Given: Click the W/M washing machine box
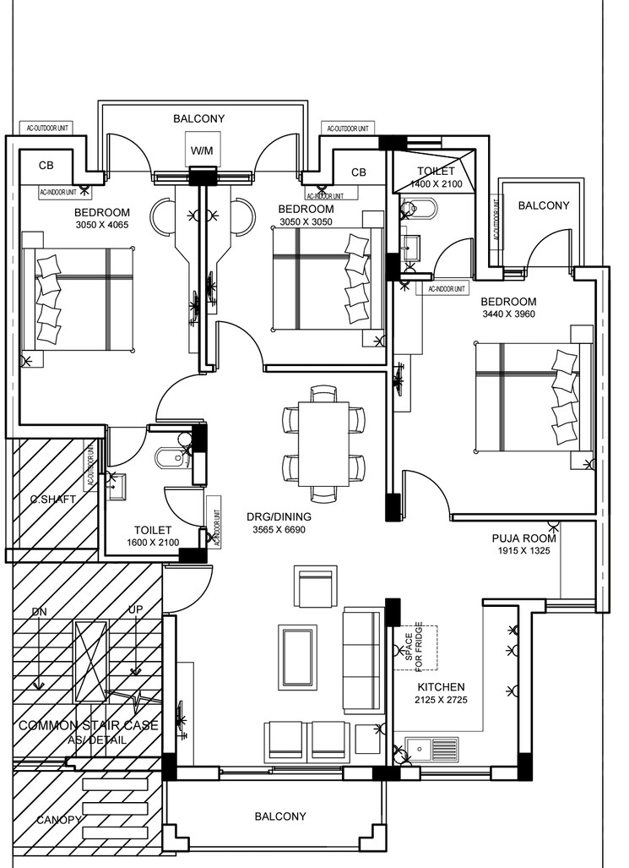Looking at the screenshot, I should point(202,150).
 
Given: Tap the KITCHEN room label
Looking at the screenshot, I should point(442,687).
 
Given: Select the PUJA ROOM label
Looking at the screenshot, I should point(524,538).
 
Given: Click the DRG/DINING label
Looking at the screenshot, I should point(279,516).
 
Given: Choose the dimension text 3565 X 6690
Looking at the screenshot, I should point(278,530).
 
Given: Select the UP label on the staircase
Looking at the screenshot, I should point(134,609).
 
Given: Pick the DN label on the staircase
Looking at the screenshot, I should point(39,611).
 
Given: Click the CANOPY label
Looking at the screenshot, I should point(58,820).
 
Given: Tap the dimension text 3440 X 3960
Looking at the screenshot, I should point(508,314).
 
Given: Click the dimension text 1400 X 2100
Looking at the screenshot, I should point(437,184).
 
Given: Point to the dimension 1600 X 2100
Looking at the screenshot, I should point(153,543).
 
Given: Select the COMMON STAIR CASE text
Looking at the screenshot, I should point(89,725).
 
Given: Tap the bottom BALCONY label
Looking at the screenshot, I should point(280,816).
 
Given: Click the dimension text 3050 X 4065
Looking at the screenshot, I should point(101,225).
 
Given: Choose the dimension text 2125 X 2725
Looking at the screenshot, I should point(442,701).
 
